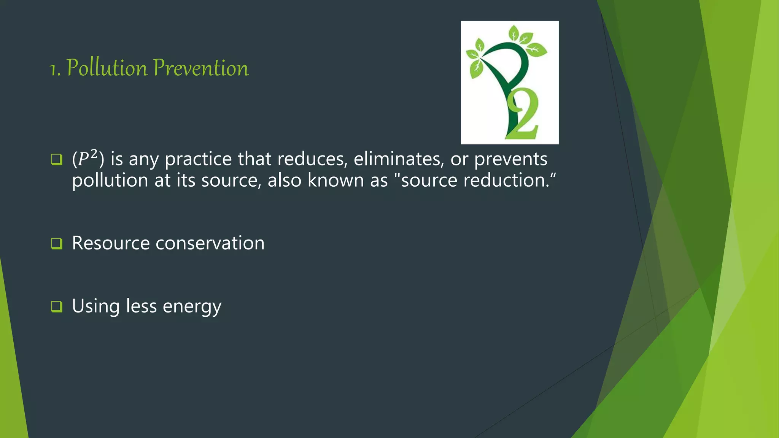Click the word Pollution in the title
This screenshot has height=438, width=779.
pyautogui.click(x=107, y=68)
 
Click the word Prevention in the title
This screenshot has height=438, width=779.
pyautogui.click(x=201, y=68)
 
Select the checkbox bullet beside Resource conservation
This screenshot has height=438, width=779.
pyautogui.click(x=56, y=243)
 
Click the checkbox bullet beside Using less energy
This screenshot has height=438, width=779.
pyautogui.click(x=56, y=306)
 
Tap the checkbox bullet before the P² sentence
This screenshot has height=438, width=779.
pyautogui.click(x=56, y=159)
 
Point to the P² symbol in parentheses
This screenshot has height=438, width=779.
pyautogui.click(x=87, y=158)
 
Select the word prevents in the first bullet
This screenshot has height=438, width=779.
pyautogui.click(x=510, y=159)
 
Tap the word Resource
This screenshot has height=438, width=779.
pyautogui.click(x=111, y=243)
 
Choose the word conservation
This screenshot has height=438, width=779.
pyautogui.click(x=210, y=243)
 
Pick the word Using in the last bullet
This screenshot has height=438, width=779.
pyautogui.click(x=96, y=306)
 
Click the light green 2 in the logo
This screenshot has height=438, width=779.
pyautogui.click(x=524, y=116)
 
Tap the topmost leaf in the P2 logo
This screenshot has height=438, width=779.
pyautogui.click(x=514, y=33)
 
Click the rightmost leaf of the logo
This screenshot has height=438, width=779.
pyautogui.click(x=537, y=49)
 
